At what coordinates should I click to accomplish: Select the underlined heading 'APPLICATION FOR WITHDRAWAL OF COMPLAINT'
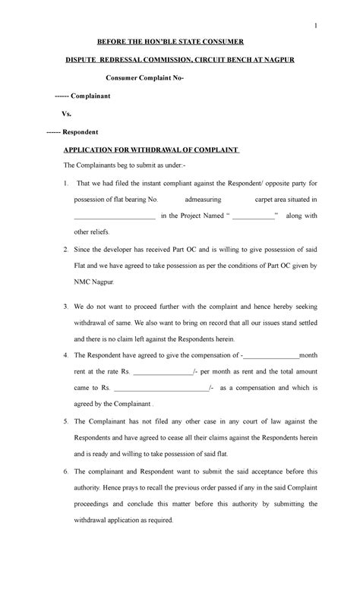(x=151, y=150)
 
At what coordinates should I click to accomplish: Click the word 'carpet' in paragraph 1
(x=263, y=200)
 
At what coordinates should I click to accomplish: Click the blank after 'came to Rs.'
(x=162, y=389)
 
